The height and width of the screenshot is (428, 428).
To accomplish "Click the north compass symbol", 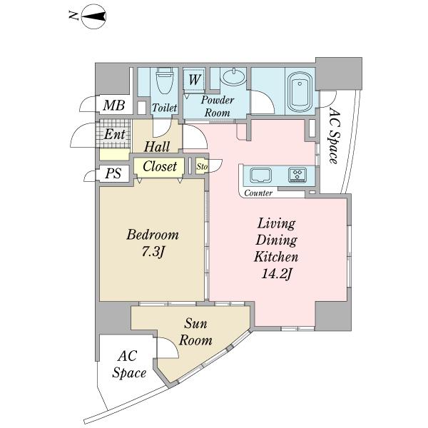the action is (93, 17).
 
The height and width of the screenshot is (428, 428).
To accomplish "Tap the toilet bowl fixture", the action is (165, 81).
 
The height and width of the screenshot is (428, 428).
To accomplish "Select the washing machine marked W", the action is (194, 80).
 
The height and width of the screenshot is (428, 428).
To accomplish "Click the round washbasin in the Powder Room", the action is (234, 76).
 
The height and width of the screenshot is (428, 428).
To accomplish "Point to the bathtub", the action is (300, 91).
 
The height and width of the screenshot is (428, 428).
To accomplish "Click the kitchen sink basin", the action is (261, 175).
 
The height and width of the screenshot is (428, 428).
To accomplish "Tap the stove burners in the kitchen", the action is (297, 174).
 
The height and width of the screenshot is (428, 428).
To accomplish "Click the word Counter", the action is (258, 193).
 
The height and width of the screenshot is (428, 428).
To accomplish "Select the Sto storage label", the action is (202, 166).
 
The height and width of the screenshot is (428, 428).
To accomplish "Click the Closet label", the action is (160, 166).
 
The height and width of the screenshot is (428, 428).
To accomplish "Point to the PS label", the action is (113, 173).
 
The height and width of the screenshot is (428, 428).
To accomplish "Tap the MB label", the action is (114, 105).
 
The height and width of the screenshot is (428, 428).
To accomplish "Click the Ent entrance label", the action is (115, 134).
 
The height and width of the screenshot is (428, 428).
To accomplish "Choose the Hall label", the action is (157, 146).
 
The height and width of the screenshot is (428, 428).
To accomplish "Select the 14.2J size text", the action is (277, 274).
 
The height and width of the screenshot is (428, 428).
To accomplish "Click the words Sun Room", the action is (195, 332).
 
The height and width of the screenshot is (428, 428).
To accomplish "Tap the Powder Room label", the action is (218, 106).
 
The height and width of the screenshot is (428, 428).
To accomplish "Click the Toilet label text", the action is (164, 108).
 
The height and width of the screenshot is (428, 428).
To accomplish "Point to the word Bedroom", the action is (153, 235).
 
